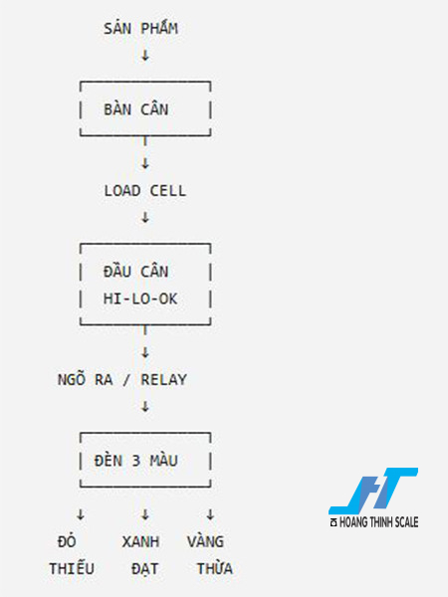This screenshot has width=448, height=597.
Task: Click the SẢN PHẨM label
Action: point(141,28)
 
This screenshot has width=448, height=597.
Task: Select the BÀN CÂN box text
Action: point(136,109)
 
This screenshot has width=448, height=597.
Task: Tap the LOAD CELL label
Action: point(145,191)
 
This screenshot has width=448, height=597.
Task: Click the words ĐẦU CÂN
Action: point(136,271)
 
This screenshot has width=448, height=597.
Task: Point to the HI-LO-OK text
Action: point(140,298)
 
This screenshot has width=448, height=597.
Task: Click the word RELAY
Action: point(164,380)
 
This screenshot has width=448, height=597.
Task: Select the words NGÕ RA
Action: point(85,379)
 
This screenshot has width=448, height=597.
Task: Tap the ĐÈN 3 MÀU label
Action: point(136,460)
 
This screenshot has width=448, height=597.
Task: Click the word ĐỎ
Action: point(67,540)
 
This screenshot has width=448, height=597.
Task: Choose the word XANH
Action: point(141,541)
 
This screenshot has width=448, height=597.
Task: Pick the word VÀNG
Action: point(205,540)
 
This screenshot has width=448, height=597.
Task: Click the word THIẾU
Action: point(72,568)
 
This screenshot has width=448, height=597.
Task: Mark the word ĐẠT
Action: point(144,568)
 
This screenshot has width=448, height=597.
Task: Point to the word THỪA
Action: point(215,568)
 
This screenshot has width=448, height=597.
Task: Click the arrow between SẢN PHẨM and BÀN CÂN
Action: point(145,56)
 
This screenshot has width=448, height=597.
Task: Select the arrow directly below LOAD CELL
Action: point(145,217)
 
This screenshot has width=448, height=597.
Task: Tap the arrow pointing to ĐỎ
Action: point(81,514)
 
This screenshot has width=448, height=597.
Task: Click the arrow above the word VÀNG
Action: point(210,514)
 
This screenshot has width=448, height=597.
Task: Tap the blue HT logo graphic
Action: point(373,491)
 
